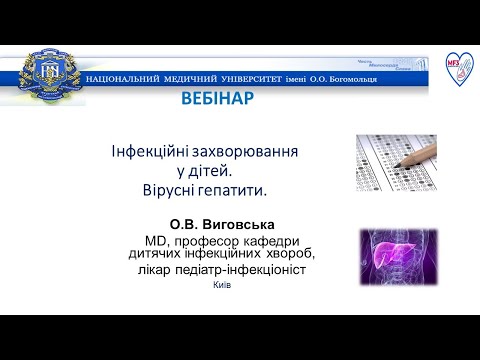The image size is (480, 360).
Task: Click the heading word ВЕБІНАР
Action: tap(217, 98)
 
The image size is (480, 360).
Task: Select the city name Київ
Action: tap(222, 285)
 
